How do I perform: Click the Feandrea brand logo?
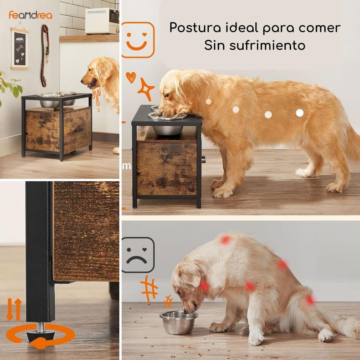coord(30,15)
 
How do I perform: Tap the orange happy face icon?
coord(138,40)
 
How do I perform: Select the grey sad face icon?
coord(138,255)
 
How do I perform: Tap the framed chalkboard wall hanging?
coord(20,49)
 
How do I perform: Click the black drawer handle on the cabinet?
coord(79,130)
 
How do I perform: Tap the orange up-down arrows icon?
coord(14,309)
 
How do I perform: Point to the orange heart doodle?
coord(130,77)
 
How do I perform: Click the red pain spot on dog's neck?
coord(204,286)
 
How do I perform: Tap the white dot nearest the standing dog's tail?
coord(299,113)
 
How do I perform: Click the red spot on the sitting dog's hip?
coord(310,300)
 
